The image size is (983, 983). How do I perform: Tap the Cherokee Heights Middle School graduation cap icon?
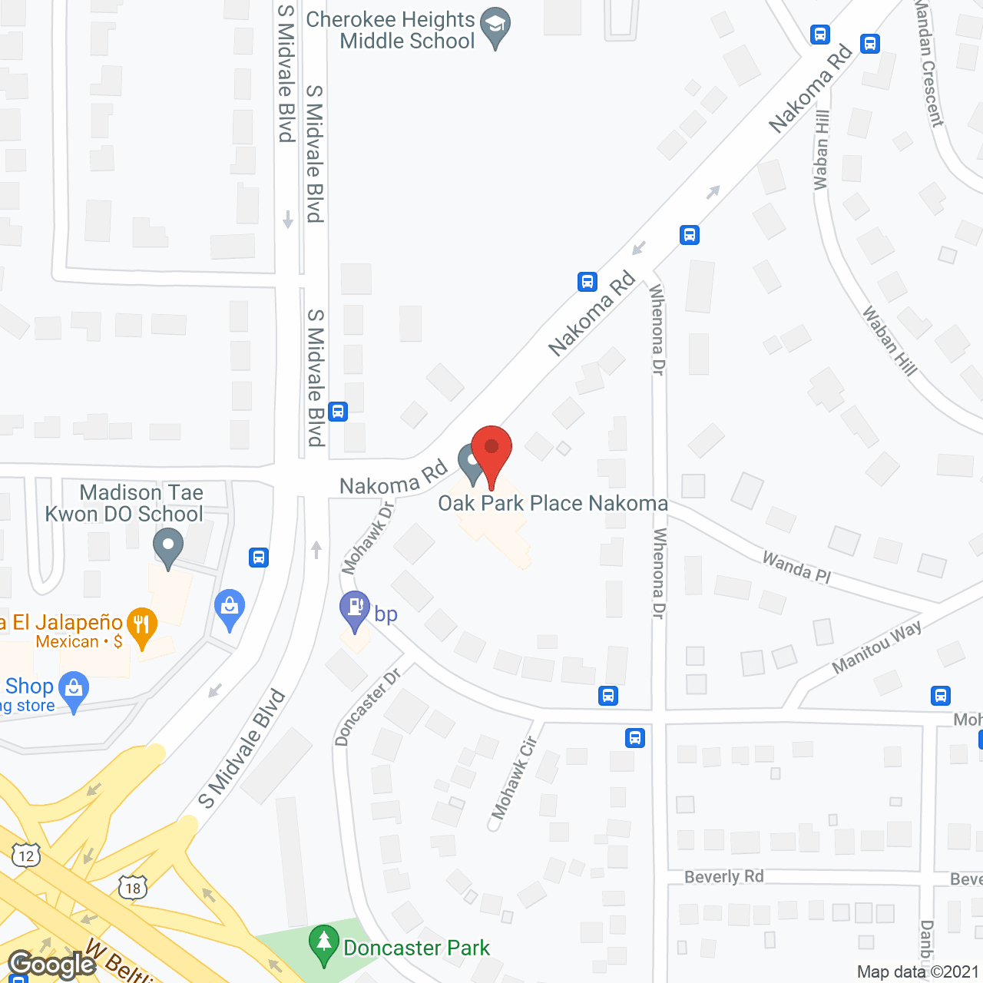[x=495, y=26]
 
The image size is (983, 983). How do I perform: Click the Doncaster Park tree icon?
[x=323, y=944]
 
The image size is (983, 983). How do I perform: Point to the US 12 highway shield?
[x=26, y=855]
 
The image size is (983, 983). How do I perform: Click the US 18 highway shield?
[x=133, y=888]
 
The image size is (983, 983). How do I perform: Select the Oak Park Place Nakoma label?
[x=553, y=504]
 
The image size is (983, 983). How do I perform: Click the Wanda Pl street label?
[x=796, y=568]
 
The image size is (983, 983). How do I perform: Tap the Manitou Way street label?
[x=877, y=647]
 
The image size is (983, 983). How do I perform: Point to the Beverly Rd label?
[x=723, y=877]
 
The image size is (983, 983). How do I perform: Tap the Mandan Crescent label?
[x=928, y=63]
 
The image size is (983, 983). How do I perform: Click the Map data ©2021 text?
[x=918, y=972]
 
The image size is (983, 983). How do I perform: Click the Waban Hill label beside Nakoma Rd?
[x=821, y=150]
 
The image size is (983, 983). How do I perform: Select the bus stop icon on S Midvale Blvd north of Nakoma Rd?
[x=338, y=411]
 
